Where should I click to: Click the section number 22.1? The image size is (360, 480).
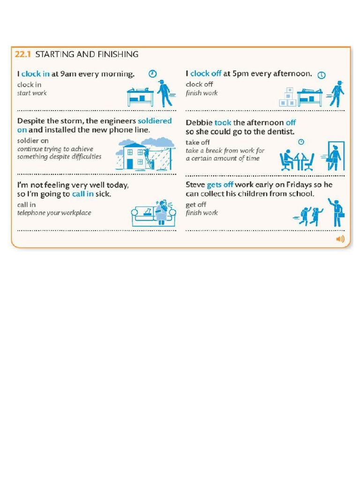coord(22,54)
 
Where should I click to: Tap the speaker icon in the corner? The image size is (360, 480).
coord(340,240)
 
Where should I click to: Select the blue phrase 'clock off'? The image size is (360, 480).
coord(206,74)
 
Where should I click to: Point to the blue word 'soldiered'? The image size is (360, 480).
coord(155,121)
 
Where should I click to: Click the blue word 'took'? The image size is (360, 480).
coord(223,123)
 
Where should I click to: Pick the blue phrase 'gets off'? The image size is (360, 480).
coord(220,185)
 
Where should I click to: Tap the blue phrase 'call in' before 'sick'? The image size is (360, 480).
coord(82,194)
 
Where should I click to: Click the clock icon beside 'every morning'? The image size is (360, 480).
coord(152,74)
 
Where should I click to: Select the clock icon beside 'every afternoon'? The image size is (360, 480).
coord(322,75)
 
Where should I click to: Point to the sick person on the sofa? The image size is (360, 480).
coord(162,212)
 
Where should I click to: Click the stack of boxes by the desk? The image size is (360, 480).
coord(287,97)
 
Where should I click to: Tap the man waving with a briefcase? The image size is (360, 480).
coord(337,212)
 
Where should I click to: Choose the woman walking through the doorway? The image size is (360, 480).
coord(335,157)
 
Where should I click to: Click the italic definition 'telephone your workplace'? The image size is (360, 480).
coord(54,213)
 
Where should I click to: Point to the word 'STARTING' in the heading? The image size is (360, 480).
coord(55,54)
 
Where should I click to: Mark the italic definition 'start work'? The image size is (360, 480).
coord(32,93)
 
